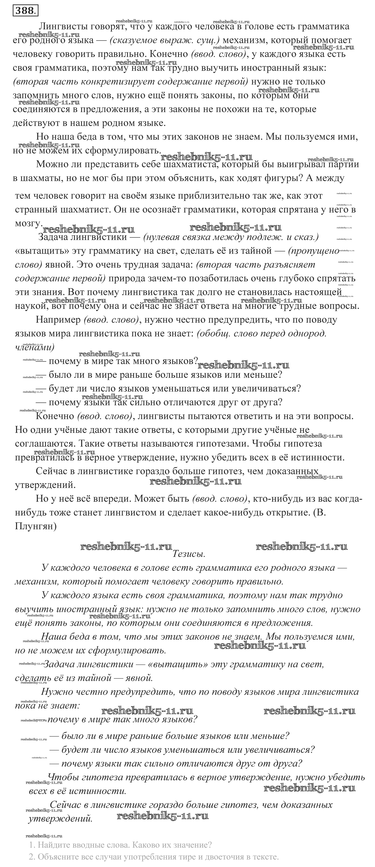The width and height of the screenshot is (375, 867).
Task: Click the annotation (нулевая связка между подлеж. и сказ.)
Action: point(231,237)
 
